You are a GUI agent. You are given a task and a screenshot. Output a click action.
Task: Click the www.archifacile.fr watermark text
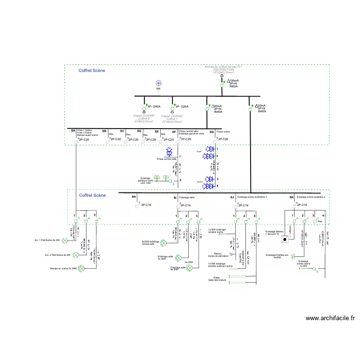pos(330,318)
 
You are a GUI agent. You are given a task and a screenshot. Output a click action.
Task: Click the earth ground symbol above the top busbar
pos(159,84)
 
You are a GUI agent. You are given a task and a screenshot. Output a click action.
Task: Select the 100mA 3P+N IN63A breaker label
pos(232,84)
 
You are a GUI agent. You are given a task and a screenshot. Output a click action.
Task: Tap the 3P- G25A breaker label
pos(181,106)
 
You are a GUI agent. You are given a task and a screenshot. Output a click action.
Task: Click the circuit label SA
pos(73,131)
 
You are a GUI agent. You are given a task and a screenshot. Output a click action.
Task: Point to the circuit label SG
pos(212,131)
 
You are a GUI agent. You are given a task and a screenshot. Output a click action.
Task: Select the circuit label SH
pos(134,197)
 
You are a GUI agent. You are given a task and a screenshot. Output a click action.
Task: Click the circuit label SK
pos(291,197)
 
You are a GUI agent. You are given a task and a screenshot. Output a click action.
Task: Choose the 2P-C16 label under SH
pos(146,205)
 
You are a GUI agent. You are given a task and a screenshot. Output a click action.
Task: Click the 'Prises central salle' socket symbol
pos(169,152)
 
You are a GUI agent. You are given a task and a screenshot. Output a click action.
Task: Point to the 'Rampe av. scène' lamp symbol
pos(82,268)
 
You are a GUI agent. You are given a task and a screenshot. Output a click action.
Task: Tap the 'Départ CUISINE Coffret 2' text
pos(144,119)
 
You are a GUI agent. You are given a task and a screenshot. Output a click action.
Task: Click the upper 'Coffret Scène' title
pos(92,71)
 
